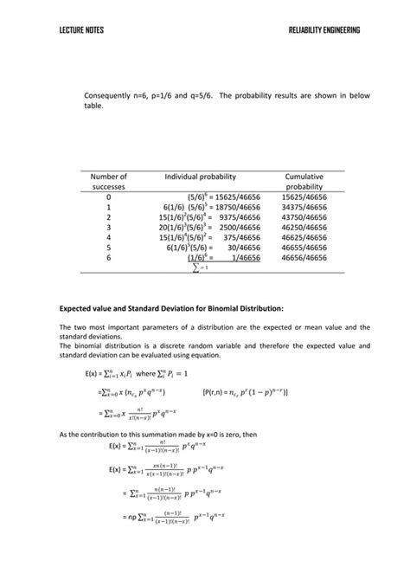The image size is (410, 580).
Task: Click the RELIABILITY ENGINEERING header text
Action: tap(324, 30)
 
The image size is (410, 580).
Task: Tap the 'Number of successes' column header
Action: tap(108, 182)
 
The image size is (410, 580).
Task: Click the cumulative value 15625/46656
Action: tap(304, 197)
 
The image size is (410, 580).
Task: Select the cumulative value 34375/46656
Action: tap(304, 209)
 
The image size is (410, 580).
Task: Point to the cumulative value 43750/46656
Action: tap(304, 221)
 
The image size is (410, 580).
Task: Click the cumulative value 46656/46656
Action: tap(304, 257)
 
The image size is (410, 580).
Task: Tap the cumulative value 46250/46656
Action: tap(304, 233)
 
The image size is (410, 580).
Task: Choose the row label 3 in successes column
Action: tap(108, 233)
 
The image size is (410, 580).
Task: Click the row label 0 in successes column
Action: tap(108, 197)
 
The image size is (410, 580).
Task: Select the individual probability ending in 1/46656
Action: tap(222, 257)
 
